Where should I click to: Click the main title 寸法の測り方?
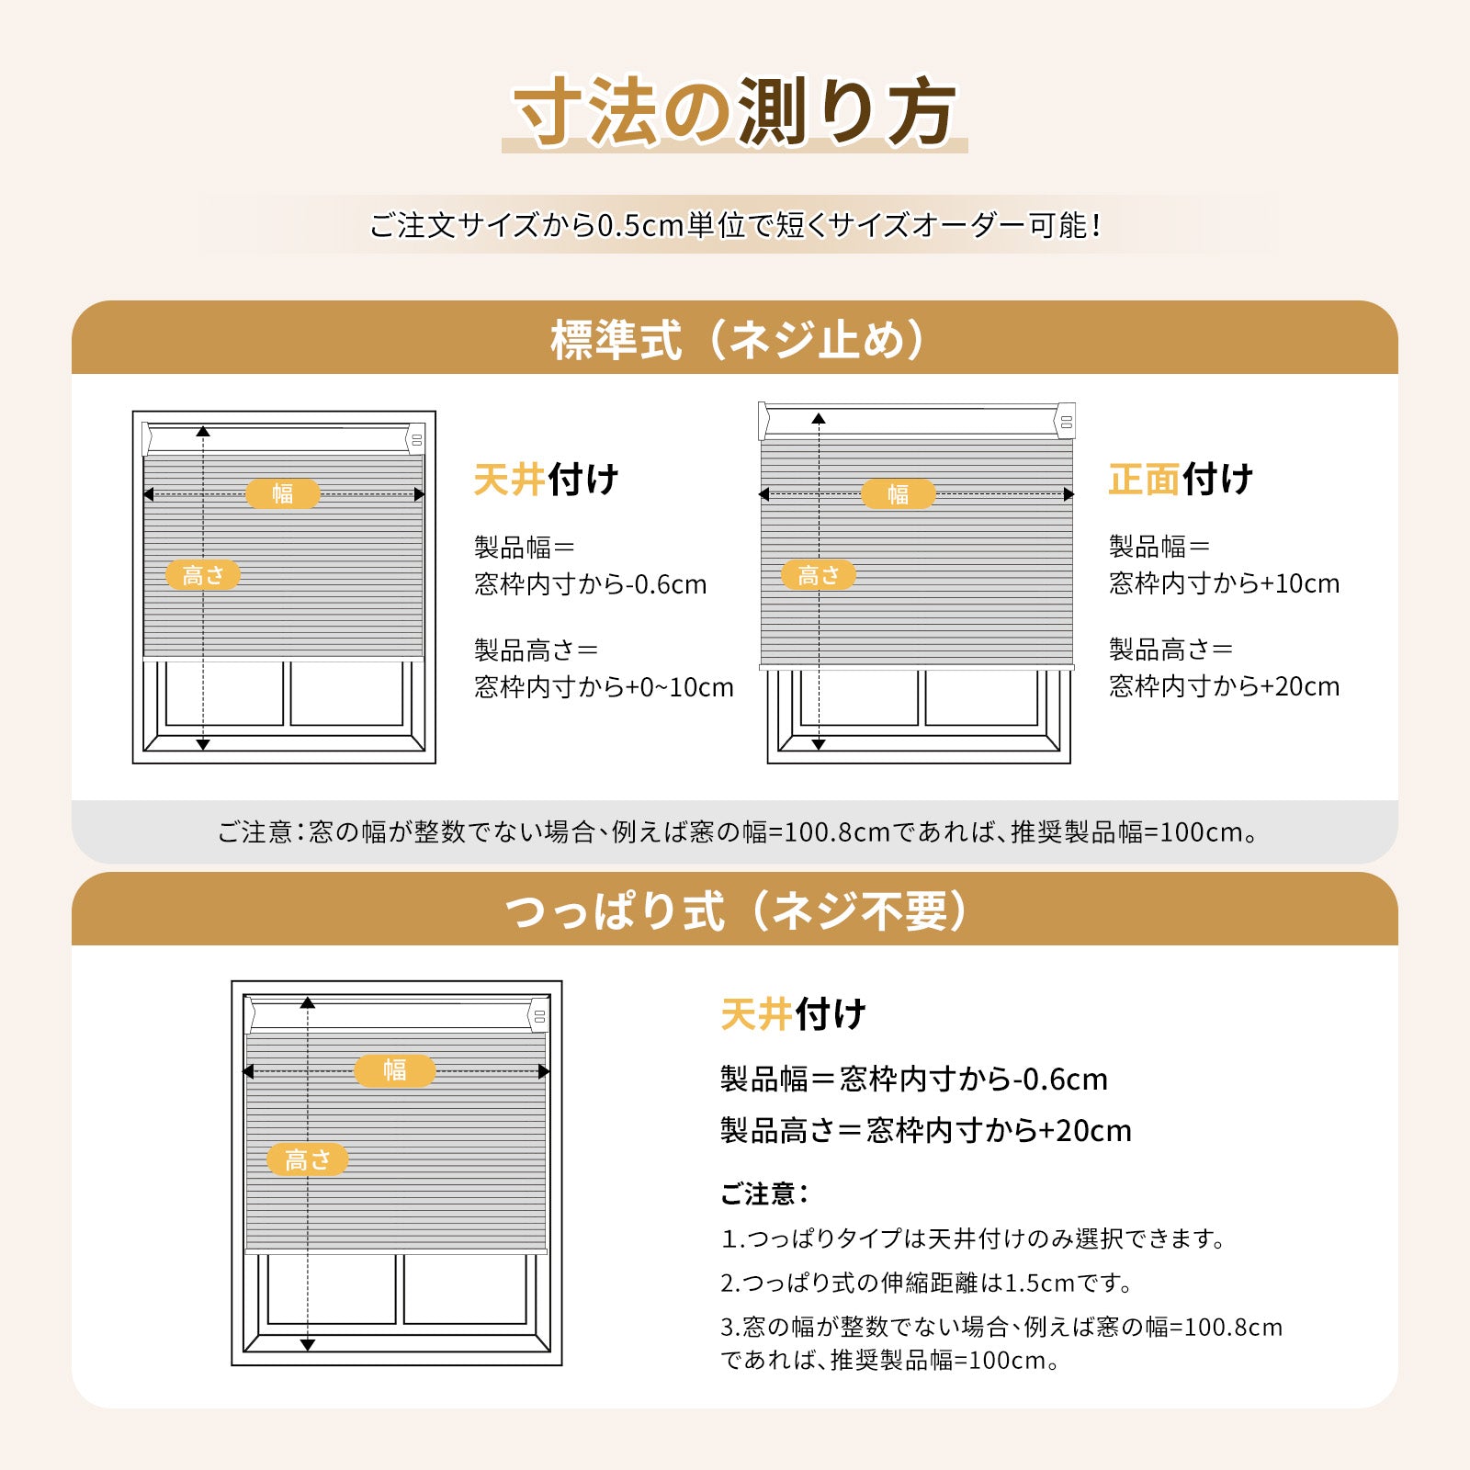[735, 112]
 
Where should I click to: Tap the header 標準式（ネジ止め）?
[735, 340]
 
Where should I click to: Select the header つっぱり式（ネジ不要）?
[735, 910]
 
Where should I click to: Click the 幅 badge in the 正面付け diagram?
[898, 494]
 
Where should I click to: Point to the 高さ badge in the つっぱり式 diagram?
[308, 1159]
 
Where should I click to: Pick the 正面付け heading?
[1181, 480]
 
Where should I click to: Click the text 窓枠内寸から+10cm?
[1224, 583]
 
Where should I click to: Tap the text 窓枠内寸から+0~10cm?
[604, 687]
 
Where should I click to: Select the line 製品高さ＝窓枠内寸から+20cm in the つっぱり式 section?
[926, 1130]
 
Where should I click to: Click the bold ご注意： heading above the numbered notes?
[764, 1194]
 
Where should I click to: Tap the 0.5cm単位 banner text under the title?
[735, 225]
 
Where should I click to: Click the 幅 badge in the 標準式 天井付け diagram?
[283, 493]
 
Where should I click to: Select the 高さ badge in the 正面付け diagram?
[819, 575]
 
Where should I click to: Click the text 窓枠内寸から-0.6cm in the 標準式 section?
[591, 584]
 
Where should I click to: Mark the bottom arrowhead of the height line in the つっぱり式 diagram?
[308, 1345]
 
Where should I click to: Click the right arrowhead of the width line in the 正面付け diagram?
[1069, 494]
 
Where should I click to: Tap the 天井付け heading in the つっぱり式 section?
[794, 1015]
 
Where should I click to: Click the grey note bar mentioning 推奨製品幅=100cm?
[735, 831]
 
